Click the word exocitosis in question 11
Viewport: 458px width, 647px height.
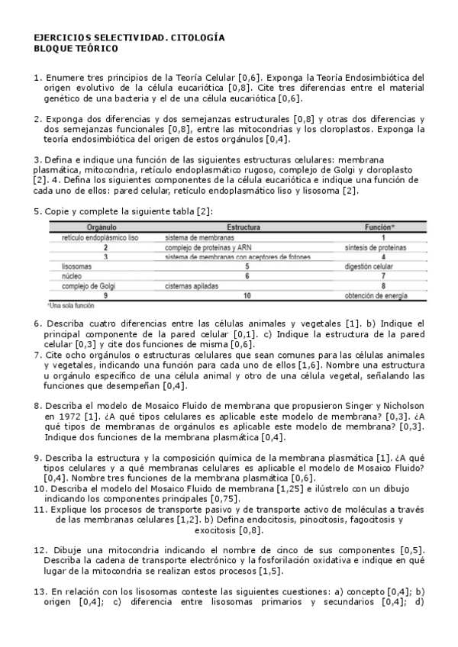[x=216, y=530]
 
